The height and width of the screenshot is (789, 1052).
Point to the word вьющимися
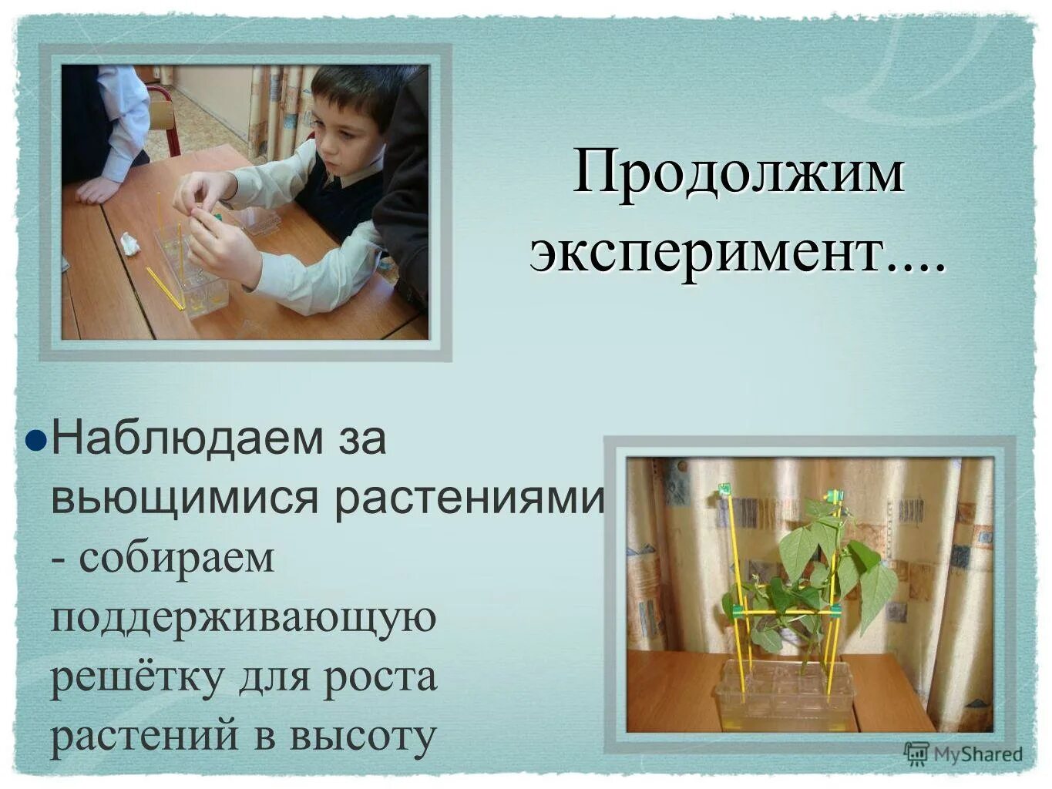pyautogui.click(x=184, y=498)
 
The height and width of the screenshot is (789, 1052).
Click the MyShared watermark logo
pyautogui.click(x=963, y=754)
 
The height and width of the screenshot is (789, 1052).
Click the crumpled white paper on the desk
pyautogui.click(x=129, y=244)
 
